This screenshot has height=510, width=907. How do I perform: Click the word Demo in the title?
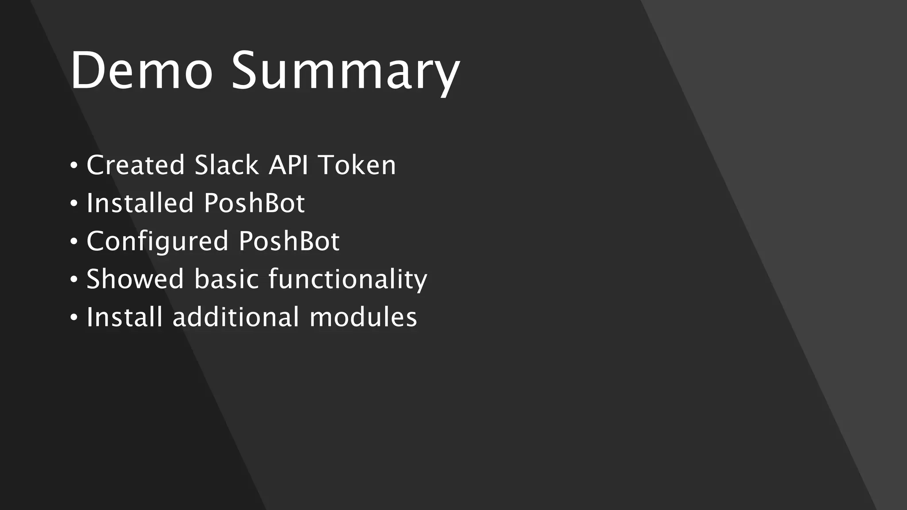(x=141, y=71)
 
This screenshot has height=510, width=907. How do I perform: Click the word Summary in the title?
(x=345, y=73)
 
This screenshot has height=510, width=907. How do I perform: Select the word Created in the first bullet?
(x=135, y=165)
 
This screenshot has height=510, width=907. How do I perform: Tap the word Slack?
(x=226, y=165)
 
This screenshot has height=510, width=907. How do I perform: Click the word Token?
(x=357, y=165)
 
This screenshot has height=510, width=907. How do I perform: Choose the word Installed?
(x=140, y=203)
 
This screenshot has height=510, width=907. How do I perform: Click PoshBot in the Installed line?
(x=254, y=203)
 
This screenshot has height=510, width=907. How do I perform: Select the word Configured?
(x=157, y=242)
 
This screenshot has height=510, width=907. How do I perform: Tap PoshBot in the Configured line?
(x=289, y=241)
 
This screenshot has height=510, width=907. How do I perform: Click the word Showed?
(x=135, y=279)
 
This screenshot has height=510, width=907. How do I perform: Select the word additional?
(x=236, y=317)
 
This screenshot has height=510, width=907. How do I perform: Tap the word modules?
(x=363, y=317)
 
